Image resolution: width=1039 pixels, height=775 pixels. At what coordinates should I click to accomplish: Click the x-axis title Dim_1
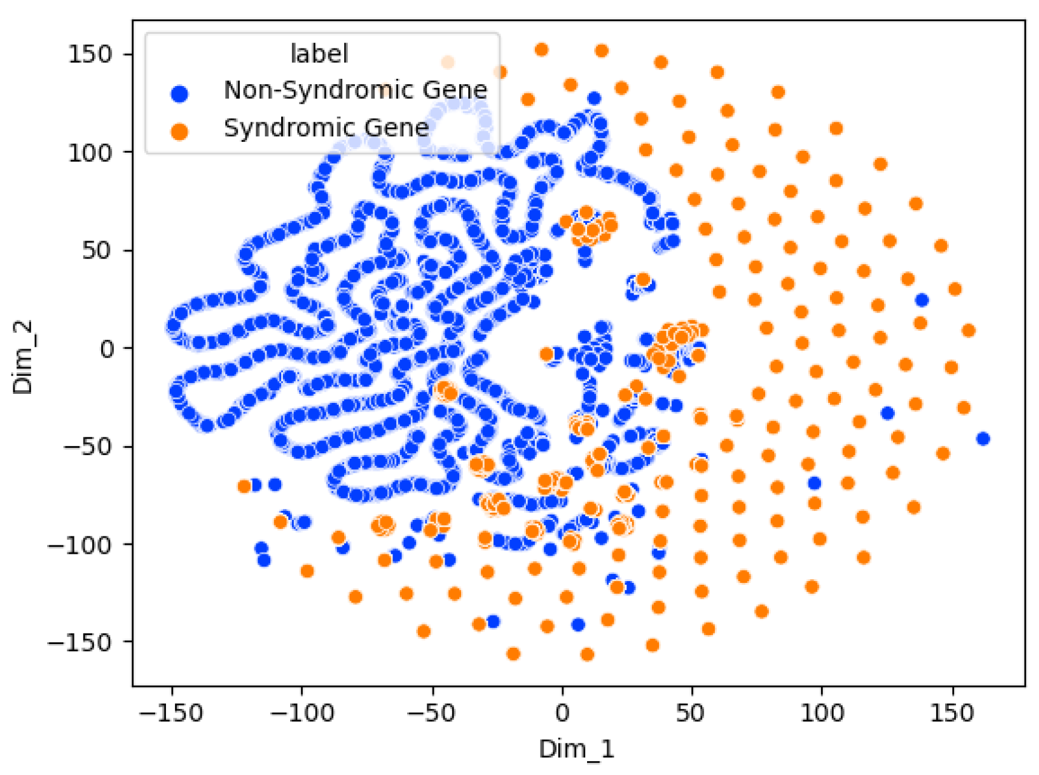point(576,750)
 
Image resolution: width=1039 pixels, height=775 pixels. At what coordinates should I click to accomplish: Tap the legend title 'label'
point(319,53)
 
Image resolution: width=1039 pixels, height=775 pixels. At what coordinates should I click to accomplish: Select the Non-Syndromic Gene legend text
point(356,90)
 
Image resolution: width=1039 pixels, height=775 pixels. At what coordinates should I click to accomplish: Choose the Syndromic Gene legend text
point(327,128)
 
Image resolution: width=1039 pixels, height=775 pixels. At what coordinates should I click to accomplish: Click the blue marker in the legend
point(179,93)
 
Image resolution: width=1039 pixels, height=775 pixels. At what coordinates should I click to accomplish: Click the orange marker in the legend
point(179,131)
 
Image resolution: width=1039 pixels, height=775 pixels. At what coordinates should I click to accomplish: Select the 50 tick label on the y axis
point(97,251)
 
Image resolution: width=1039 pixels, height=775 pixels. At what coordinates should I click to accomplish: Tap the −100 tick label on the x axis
point(301,713)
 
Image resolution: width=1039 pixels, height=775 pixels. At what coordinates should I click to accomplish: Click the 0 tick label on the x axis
point(562,713)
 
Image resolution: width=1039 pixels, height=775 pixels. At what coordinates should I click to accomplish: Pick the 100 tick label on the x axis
point(822,713)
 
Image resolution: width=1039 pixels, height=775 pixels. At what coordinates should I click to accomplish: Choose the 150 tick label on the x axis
point(952,713)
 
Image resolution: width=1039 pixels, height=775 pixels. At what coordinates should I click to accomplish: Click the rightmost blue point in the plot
point(983,439)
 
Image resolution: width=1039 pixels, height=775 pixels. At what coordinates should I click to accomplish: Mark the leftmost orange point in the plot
point(244,486)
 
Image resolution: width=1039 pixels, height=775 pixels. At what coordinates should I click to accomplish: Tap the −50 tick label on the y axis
point(88,447)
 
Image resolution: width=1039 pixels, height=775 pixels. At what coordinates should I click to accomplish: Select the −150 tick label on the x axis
point(171,713)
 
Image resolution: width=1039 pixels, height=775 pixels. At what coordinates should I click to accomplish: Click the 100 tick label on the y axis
point(90,153)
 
